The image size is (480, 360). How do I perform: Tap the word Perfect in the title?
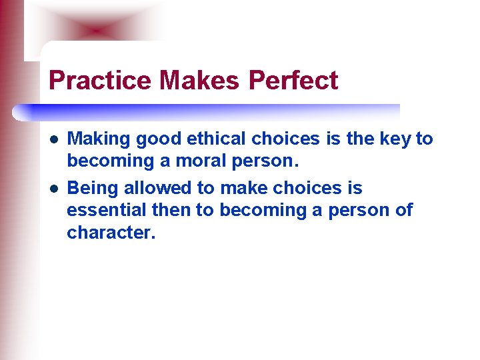tap(293, 81)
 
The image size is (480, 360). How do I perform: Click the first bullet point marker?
tap(53, 140)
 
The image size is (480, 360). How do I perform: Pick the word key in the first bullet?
tap(397, 139)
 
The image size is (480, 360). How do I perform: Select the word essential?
tap(109, 211)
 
